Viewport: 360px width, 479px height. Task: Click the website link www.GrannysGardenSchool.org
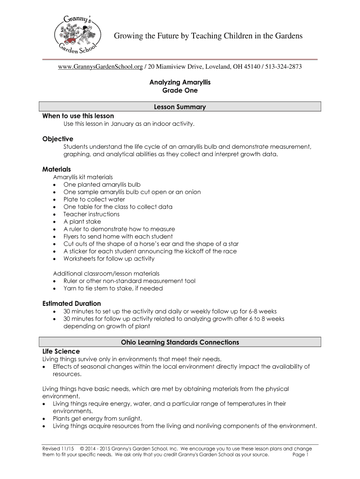pos(100,67)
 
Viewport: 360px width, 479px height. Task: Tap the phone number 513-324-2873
pos(283,67)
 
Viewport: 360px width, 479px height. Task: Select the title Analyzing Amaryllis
pos(180,82)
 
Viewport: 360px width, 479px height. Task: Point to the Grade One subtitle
pos(180,90)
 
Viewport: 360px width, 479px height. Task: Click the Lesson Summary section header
pos(180,107)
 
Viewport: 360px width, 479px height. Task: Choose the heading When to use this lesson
pos(78,116)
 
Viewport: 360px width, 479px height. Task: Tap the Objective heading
pos(58,139)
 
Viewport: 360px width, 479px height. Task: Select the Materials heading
pos(57,169)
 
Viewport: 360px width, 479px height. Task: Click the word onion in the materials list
pos(192,192)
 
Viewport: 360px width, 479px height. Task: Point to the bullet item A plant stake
pos(82,222)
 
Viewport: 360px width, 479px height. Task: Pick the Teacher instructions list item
pos(92,214)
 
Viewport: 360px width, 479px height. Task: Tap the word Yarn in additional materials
pos(70,289)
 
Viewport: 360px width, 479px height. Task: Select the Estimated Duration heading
pos(72,304)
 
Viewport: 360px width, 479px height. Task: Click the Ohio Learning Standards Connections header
pos(180,342)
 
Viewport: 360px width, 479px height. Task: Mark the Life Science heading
pos(61,351)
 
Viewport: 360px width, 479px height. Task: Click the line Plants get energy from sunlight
pos(97,418)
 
